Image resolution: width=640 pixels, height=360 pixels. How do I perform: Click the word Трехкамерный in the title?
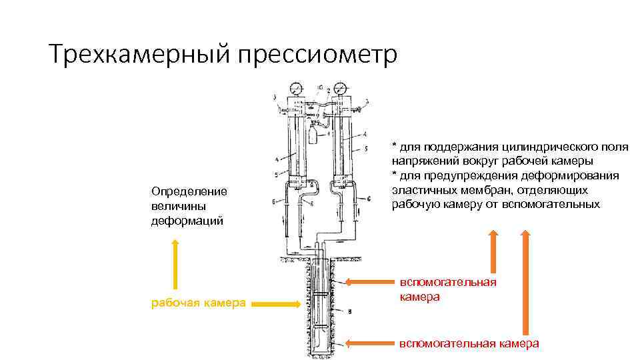134,53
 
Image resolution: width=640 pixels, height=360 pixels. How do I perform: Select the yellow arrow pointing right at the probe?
276,304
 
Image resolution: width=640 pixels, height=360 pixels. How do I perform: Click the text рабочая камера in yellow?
199,304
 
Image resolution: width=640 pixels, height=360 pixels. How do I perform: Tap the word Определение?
189,191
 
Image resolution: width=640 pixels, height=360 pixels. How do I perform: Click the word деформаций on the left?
183,221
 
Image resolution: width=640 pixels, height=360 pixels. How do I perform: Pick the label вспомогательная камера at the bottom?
469,343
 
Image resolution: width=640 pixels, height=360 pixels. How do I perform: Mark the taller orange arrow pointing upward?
526,280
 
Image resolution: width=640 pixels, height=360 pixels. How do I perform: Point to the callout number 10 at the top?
321,87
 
